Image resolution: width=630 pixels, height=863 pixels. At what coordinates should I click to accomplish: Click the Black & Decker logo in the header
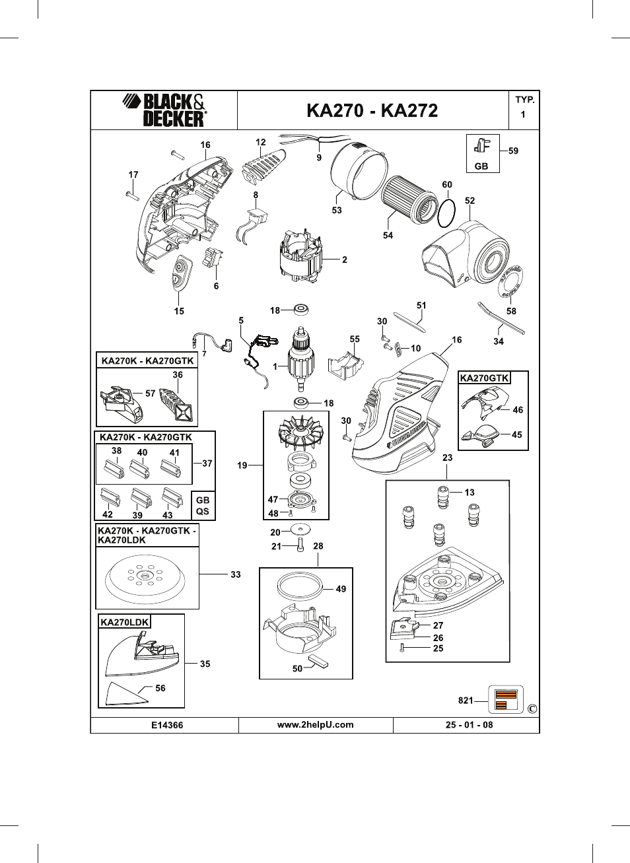pyautogui.click(x=164, y=110)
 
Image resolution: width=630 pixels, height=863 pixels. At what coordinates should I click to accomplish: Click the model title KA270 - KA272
pyautogui.click(x=372, y=111)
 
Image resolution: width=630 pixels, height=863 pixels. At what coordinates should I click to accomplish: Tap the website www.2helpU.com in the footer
pyautogui.click(x=315, y=724)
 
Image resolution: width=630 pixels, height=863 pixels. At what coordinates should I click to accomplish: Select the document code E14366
pyautogui.click(x=167, y=725)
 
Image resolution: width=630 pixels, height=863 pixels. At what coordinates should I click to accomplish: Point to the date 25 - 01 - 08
pyautogui.click(x=470, y=724)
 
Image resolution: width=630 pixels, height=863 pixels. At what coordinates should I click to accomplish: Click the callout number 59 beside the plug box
pyautogui.click(x=513, y=151)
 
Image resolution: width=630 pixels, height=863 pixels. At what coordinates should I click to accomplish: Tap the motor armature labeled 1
pyautogui.click(x=301, y=358)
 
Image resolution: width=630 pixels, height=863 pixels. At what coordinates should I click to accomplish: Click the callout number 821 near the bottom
pyautogui.click(x=466, y=700)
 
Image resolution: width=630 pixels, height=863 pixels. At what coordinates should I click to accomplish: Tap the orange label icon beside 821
pyautogui.click(x=506, y=699)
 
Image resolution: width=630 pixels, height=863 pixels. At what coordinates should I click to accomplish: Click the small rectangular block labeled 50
pyautogui.click(x=318, y=661)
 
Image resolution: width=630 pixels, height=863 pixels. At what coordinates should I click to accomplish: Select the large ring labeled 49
pyautogui.click(x=299, y=586)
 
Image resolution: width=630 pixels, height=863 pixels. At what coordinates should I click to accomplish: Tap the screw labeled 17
pyautogui.click(x=132, y=195)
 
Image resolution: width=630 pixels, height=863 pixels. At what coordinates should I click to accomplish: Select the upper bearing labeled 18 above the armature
pyautogui.click(x=301, y=310)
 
